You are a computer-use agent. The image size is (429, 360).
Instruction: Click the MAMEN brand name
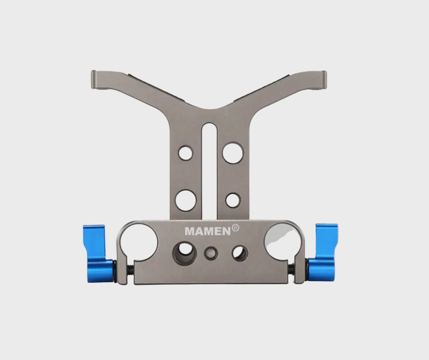pyautogui.click(x=208, y=231)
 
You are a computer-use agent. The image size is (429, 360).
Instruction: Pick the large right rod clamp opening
pyautogui.click(x=283, y=240)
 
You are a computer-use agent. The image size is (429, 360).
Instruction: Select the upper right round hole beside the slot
pyautogui.click(x=233, y=152)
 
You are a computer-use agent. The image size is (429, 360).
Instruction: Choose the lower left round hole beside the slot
pyautogui.click(x=185, y=200)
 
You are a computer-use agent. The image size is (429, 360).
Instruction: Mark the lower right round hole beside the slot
pyautogui.click(x=233, y=200)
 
